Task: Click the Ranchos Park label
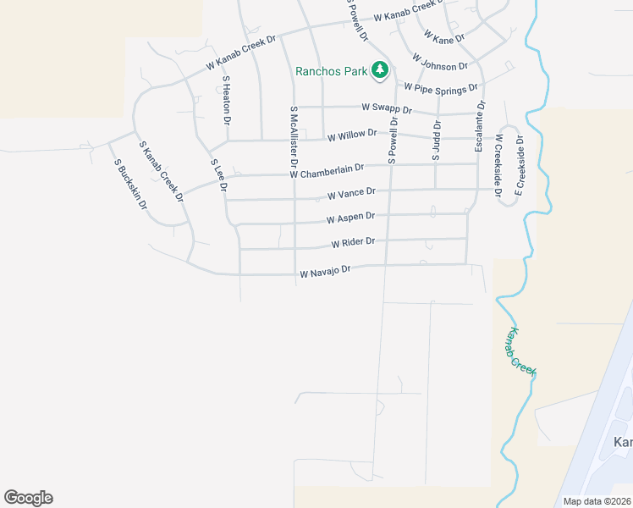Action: [x=331, y=71]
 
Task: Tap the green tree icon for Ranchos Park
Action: [x=381, y=69]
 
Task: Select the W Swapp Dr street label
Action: [x=386, y=109]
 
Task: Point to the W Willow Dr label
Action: [x=351, y=135]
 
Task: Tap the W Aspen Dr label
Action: [x=350, y=219]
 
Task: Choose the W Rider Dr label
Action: [x=353, y=244]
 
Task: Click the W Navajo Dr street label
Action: [x=324, y=273]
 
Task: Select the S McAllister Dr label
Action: [x=294, y=135]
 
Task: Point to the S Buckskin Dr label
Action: [x=131, y=184]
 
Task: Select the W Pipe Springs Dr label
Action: [x=441, y=86]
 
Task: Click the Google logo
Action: [x=28, y=498]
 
